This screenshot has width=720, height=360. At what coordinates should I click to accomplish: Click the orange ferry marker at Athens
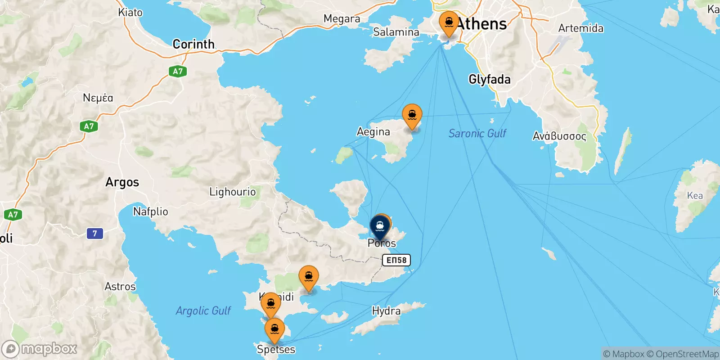point(449,22)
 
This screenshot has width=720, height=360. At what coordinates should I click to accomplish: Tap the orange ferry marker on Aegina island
point(412,115)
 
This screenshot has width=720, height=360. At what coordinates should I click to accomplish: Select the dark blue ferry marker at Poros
point(380,226)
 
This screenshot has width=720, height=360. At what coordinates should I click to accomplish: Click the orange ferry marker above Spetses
point(274,329)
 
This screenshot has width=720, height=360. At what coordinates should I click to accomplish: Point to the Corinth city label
point(193,44)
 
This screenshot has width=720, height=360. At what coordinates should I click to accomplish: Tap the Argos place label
point(122,182)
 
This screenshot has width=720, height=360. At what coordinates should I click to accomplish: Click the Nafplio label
point(150,211)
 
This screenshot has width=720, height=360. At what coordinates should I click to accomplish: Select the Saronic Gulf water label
point(477,133)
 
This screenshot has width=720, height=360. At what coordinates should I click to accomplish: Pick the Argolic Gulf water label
point(203,310)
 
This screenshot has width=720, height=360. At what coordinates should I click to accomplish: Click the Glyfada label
point(490,80)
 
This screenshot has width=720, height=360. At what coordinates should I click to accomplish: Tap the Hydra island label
point(386,311)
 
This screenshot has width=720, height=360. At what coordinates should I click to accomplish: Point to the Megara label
point(342,19)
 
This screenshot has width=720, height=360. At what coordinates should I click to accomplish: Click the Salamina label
point(396,32)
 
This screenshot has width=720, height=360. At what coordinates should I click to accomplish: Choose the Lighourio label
point(232,192)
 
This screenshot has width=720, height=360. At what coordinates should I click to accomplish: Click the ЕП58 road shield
point(396,260)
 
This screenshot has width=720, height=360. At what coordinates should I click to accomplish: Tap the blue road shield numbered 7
point(94,233)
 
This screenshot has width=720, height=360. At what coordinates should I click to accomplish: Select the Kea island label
point(695,195)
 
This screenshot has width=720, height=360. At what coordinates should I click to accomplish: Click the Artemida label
point(580,28)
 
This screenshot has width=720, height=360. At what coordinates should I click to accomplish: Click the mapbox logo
point(39,349)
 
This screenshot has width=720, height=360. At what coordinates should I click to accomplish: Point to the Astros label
point(120,287)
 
